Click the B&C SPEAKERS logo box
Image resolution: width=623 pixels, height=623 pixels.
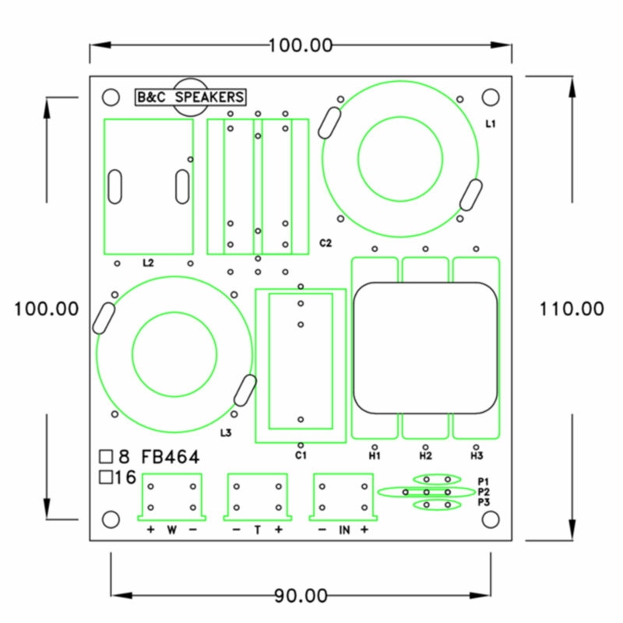(190, 97)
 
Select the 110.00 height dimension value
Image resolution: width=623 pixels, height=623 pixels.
(572, 308)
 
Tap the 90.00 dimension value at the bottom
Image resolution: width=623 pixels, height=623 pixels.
(301, 596)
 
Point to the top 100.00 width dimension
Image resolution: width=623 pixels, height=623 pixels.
(301, 45)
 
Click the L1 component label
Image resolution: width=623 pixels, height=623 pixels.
(491, 124)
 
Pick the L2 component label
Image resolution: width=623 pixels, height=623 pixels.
(148, 262)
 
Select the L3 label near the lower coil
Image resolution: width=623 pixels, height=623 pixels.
(226, 433)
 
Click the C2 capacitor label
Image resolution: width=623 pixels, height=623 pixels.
(326, 243)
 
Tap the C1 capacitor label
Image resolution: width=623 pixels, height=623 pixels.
(301, 455)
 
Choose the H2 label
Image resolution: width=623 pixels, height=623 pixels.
(425, 456)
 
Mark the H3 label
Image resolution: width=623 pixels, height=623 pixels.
(477, 456)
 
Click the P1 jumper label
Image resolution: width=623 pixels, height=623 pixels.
(484, 481)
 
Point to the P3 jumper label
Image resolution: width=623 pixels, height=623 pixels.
(484, 502)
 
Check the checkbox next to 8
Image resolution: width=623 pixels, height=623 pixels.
(106, 456)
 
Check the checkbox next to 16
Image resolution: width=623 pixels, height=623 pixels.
(106, 477)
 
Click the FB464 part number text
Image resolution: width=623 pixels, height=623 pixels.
(171, 457)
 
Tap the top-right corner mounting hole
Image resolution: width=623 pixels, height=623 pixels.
(491, 97)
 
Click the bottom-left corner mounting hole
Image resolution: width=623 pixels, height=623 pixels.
(111, 519)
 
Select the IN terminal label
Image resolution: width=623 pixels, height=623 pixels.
(344, 530)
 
